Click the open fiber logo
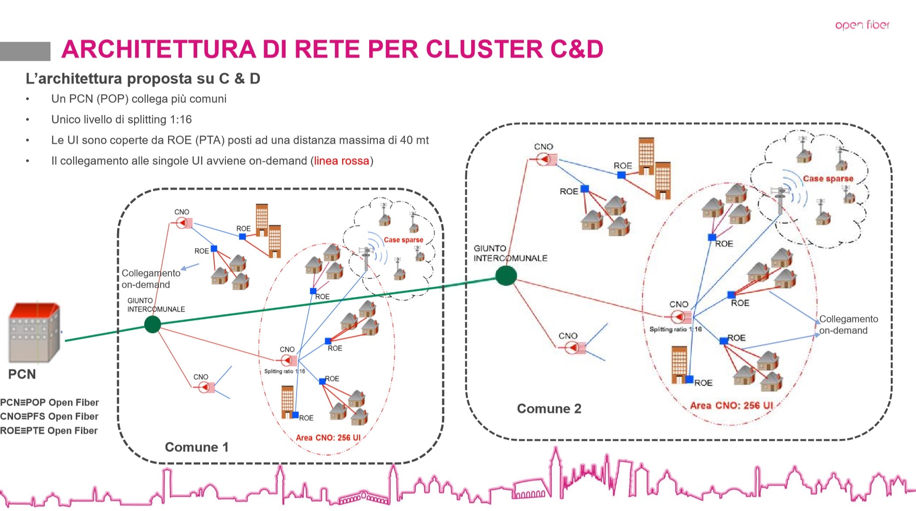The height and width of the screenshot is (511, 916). [x=862, y=25]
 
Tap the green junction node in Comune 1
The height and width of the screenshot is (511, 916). [x=152, y=324]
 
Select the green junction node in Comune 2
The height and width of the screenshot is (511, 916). [x=506, y=276]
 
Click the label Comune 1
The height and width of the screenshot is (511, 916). [x=197, y=447]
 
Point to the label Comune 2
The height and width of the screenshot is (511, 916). [x=549, y=408]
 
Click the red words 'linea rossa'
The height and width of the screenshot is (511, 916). [x=342, y=161]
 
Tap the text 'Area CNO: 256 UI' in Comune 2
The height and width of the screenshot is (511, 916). [x=731, y=405]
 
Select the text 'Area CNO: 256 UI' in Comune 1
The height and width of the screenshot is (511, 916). [x=328, y=438]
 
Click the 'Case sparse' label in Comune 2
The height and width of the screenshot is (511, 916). [x=828, y=179]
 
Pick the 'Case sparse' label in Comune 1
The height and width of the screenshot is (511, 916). [x=404, y=240]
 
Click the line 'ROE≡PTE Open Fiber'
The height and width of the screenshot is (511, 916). [x=49, y=431]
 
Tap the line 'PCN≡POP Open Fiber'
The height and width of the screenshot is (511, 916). [x=49, y=402]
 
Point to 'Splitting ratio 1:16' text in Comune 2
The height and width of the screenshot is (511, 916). [x=676, y=329]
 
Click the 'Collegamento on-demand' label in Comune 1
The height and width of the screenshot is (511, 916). [x=151, y=279]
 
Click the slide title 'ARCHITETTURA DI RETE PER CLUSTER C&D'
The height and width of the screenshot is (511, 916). [x=332, y=49]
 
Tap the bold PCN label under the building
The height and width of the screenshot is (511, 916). [x=22, y=374]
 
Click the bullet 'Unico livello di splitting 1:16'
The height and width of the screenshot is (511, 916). [x=121, y=120]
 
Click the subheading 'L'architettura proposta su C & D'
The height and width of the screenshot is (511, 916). [x=143, y=78]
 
